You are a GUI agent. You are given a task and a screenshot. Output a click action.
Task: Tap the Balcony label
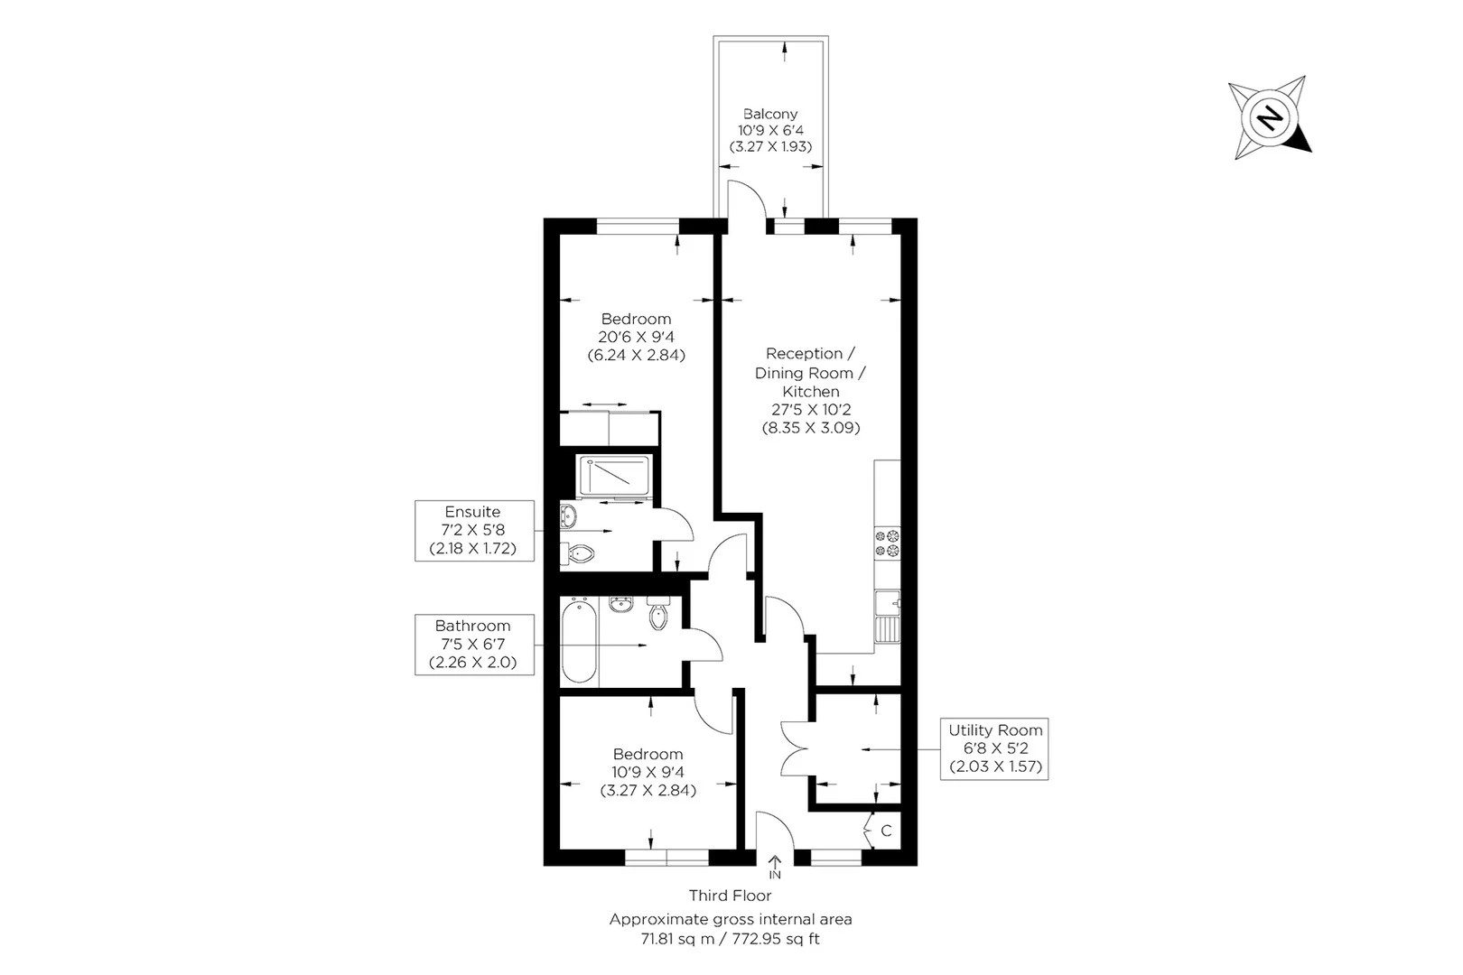770,114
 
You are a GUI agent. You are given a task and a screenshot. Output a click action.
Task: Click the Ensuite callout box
472,530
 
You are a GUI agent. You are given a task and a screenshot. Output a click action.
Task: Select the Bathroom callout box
472,644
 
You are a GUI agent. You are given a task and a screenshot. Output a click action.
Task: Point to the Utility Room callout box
995,748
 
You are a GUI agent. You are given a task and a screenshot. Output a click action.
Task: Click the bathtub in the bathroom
579,642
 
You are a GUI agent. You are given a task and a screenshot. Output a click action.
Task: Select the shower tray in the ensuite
614,476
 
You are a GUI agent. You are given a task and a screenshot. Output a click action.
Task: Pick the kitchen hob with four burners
887,543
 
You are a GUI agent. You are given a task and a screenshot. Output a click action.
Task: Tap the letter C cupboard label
886,831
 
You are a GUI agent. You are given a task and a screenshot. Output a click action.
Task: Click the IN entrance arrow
775,868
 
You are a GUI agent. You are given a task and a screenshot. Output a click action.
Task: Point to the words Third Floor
731,896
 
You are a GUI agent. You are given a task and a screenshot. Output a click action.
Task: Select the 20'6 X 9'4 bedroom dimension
636,337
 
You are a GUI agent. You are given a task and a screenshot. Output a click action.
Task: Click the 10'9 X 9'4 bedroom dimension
648,772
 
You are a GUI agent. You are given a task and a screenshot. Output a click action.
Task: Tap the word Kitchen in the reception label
811,391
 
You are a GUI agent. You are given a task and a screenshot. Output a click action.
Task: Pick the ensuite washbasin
568,516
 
